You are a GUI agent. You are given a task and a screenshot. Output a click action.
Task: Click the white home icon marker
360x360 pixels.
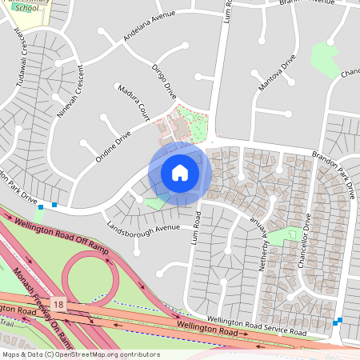pos(179,173)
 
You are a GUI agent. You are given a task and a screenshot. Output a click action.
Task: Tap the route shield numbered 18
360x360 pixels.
pos(58,304)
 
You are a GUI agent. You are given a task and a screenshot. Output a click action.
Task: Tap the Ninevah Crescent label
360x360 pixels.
pos(70,97)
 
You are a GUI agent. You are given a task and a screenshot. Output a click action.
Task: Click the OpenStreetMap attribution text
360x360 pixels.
pos(80,354)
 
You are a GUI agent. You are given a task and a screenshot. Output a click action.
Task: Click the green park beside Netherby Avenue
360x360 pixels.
pos(282,236)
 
